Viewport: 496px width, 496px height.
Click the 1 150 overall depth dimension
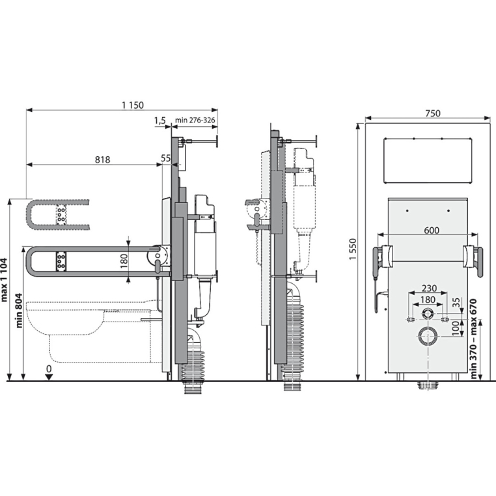pyautogui.click(x=133, y=105)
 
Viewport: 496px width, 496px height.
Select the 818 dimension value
pyautogui.click(x=103, y=159)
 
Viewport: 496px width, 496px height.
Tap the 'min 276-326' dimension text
pyautogui.click(x=195, y=120)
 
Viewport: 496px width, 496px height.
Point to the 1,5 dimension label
pyautogui.click(x=160, y=120)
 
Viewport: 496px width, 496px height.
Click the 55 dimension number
pyautogui.click(x=166, y=158)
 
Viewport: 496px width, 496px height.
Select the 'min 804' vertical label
pyautogui.click(x=18, y=310)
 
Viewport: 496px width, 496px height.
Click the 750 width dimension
pyautogui.click(x=433, y=113)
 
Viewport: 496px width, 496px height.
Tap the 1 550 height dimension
pyautogui.click(x=353, y=249)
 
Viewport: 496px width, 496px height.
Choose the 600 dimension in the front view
pyautogui.click(x=432, y=230)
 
